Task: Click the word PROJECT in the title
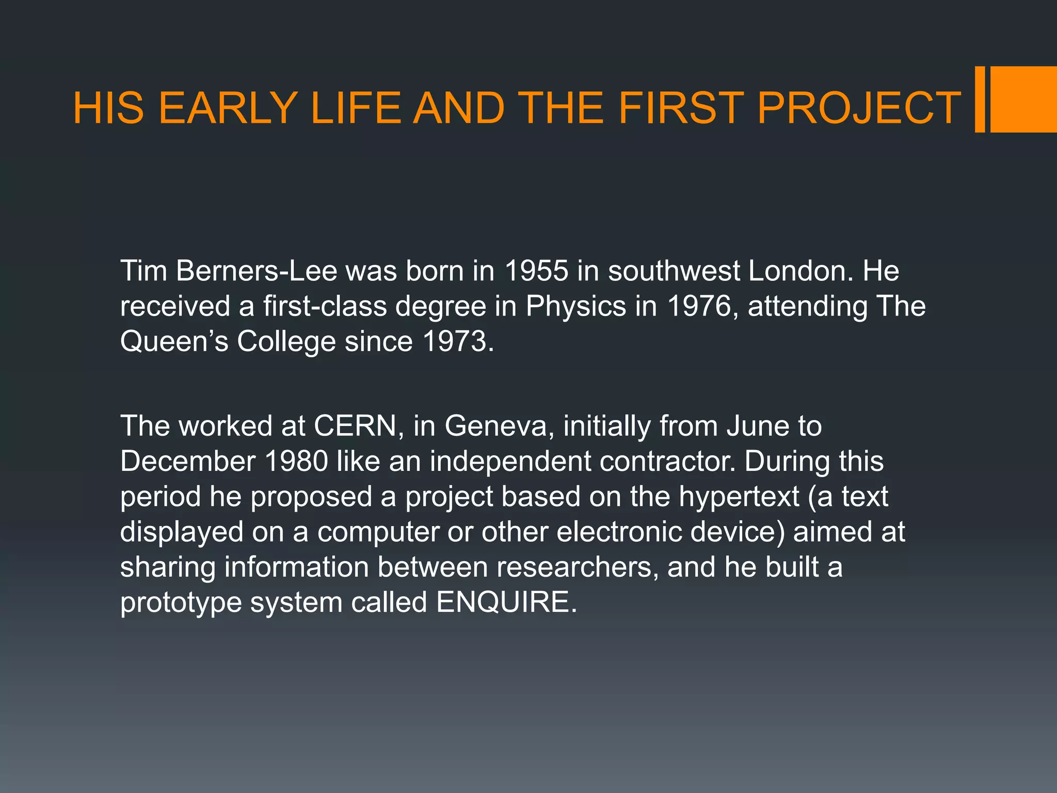(858, 108)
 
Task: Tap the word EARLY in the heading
(228, 108)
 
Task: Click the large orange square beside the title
(1023, 99)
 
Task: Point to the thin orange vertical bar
(980, 99)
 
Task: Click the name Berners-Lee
(256, 271)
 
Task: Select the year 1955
(536, 271)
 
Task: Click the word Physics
(575, 306)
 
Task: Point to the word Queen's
(174, 341)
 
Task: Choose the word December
(188, 461)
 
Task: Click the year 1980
(296, 461)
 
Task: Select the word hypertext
(739, 497)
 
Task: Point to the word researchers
(577, 567)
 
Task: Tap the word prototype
(181, 603)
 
